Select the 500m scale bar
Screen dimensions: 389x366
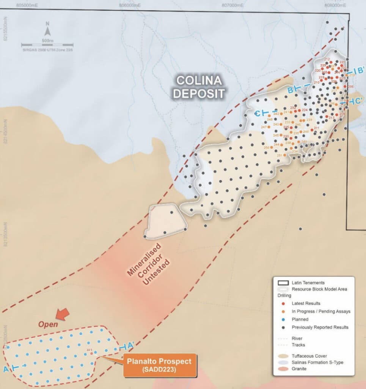(47, 45)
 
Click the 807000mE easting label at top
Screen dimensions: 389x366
(232, 5)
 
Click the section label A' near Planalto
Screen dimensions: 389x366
(130, 346)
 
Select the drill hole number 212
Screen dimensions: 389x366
(327, 59)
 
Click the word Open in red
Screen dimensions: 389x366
(48, 324)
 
